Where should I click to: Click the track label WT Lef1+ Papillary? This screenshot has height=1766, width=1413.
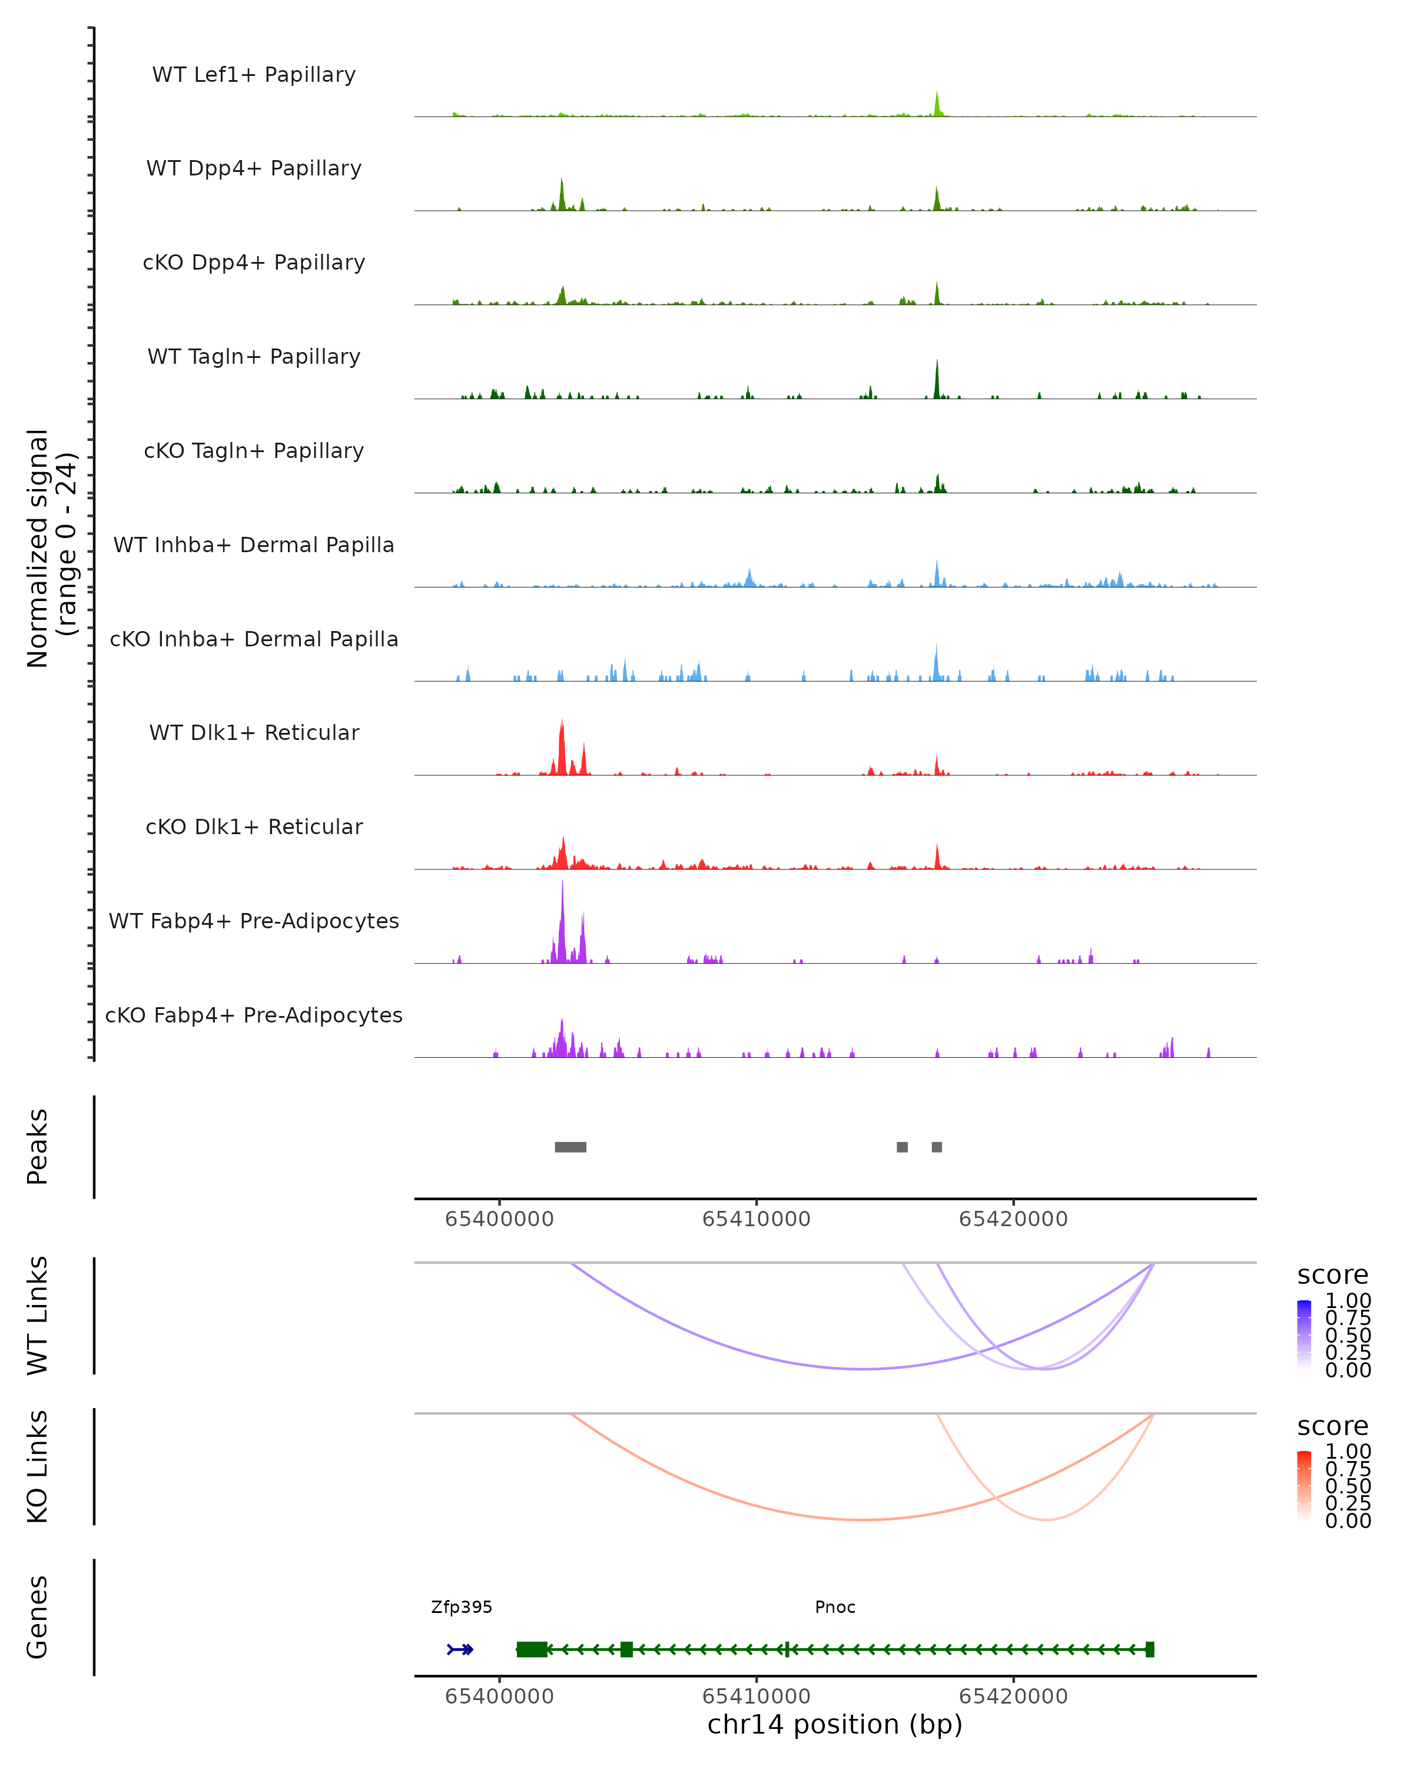pos(254,75)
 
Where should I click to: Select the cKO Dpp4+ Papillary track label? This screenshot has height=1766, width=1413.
pos(254,262)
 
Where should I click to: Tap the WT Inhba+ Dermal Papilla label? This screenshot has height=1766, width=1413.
pos(254,545)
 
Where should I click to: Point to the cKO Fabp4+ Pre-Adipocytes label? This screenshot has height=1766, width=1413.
pos(254,1015)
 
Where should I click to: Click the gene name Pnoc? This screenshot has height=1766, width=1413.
pos(835,1607)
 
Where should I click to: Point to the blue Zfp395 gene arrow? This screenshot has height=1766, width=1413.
pos(460,1649)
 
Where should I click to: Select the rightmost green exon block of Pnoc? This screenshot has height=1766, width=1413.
pos(1149,1649)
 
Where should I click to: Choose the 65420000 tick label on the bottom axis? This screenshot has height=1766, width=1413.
pos(1013,1695)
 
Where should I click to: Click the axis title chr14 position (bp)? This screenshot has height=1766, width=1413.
pos(835,1725)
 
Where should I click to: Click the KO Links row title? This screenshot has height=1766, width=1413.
pos(38,1466)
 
